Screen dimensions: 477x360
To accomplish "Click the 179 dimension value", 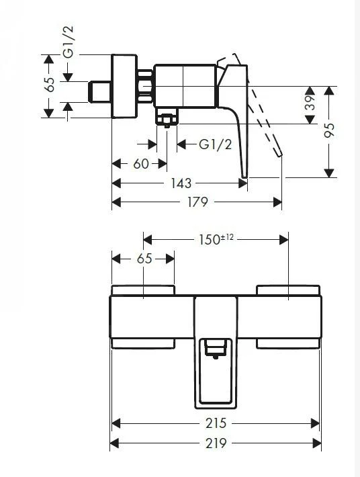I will (197, 202).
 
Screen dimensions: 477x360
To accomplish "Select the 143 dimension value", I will (180, 183).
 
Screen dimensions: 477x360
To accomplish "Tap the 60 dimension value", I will (140, 163).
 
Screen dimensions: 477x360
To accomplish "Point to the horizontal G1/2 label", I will (216, 144).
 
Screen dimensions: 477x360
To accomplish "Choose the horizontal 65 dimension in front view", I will (144, 259).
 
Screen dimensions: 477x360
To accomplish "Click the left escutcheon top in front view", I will (143, 290).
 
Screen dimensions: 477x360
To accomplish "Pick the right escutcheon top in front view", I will (288, 290).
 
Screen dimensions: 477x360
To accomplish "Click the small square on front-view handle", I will (216, 347).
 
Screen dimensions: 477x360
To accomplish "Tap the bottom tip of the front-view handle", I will (216, 405).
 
